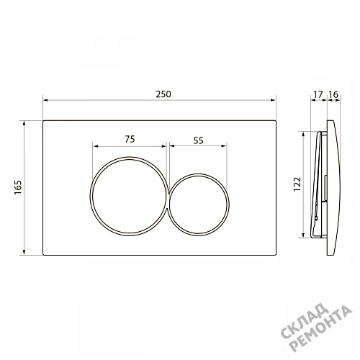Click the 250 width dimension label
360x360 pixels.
(163, 94)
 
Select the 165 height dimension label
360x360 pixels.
(18, 187)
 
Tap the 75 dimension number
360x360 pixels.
(130, 139)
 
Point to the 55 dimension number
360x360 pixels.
(199, 140)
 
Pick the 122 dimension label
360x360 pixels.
(297, 184)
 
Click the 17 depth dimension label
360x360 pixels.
(318, 94)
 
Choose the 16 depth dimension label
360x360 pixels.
(333, 94)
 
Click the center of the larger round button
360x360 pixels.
(129, 196)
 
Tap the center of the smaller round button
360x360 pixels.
(199, 204)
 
